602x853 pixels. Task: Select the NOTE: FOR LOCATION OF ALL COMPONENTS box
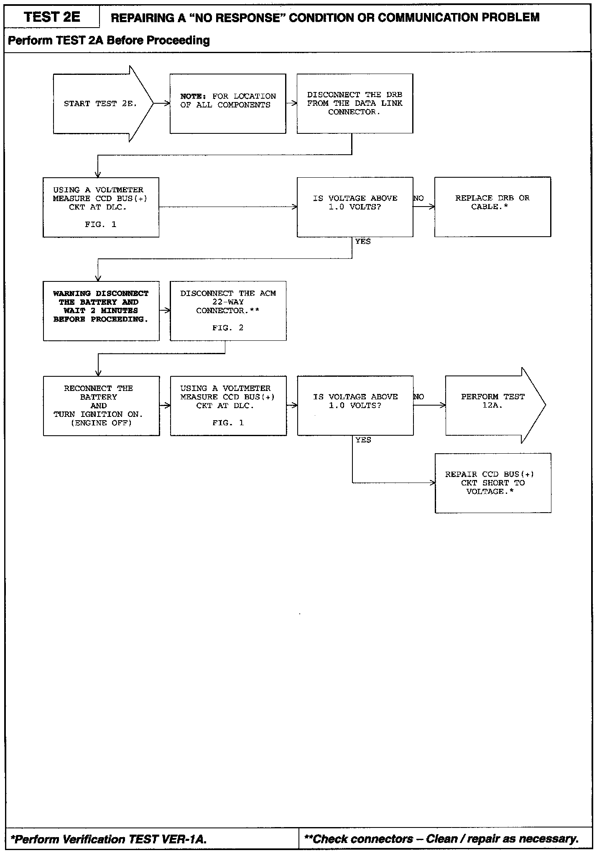click(228, 104)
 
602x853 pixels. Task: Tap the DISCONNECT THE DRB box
click(355, 104)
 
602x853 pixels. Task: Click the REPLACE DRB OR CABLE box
click(492, 207)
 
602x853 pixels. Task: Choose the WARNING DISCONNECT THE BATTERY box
click(101, 311)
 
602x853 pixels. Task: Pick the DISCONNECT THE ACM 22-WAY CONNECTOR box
click(228, 311)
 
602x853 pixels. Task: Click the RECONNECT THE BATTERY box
click(101, 406)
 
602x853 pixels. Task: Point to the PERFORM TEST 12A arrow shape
click(493, 405)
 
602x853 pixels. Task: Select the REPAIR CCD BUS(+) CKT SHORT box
click(493, 483)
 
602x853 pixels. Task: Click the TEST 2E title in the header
click(52, 17)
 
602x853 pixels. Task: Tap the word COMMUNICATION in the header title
click(426, 18)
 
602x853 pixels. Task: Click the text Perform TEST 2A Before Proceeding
click(109, 41)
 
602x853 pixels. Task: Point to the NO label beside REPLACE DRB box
click(418, 199)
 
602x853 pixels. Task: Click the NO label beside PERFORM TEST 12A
click(418, 397)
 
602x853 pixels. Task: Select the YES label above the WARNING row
click(363, 242)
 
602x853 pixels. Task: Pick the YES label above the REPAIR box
click(363, 440)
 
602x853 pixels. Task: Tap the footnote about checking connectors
click(442, 839)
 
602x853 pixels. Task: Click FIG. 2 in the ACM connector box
click(228, 328)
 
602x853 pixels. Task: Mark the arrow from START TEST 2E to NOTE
click(162, 104)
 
